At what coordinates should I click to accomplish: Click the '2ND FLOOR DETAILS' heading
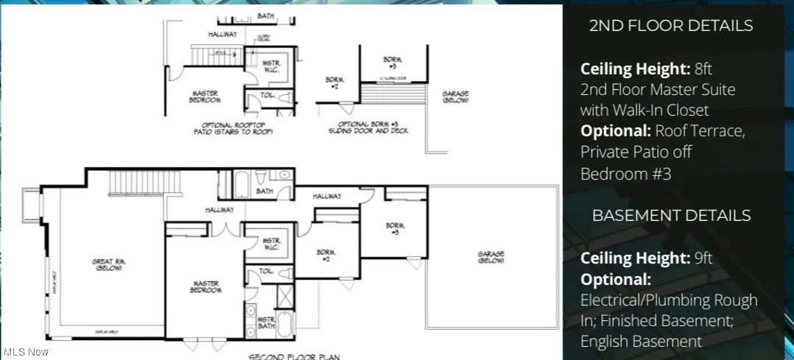(671, 26)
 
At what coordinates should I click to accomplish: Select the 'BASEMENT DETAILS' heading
(671, 216)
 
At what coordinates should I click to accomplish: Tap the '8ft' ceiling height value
(703, 69)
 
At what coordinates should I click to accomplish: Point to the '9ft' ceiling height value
(703, 258)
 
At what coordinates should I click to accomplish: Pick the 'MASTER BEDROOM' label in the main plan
(207, 286)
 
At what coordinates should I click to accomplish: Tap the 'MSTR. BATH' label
(266, 324)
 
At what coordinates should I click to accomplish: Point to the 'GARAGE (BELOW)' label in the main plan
(491, 258)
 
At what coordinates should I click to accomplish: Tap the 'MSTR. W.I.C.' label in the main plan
(272, 244)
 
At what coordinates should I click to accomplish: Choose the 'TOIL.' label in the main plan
(266, 271)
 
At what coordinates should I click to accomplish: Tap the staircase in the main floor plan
(143, 180)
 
